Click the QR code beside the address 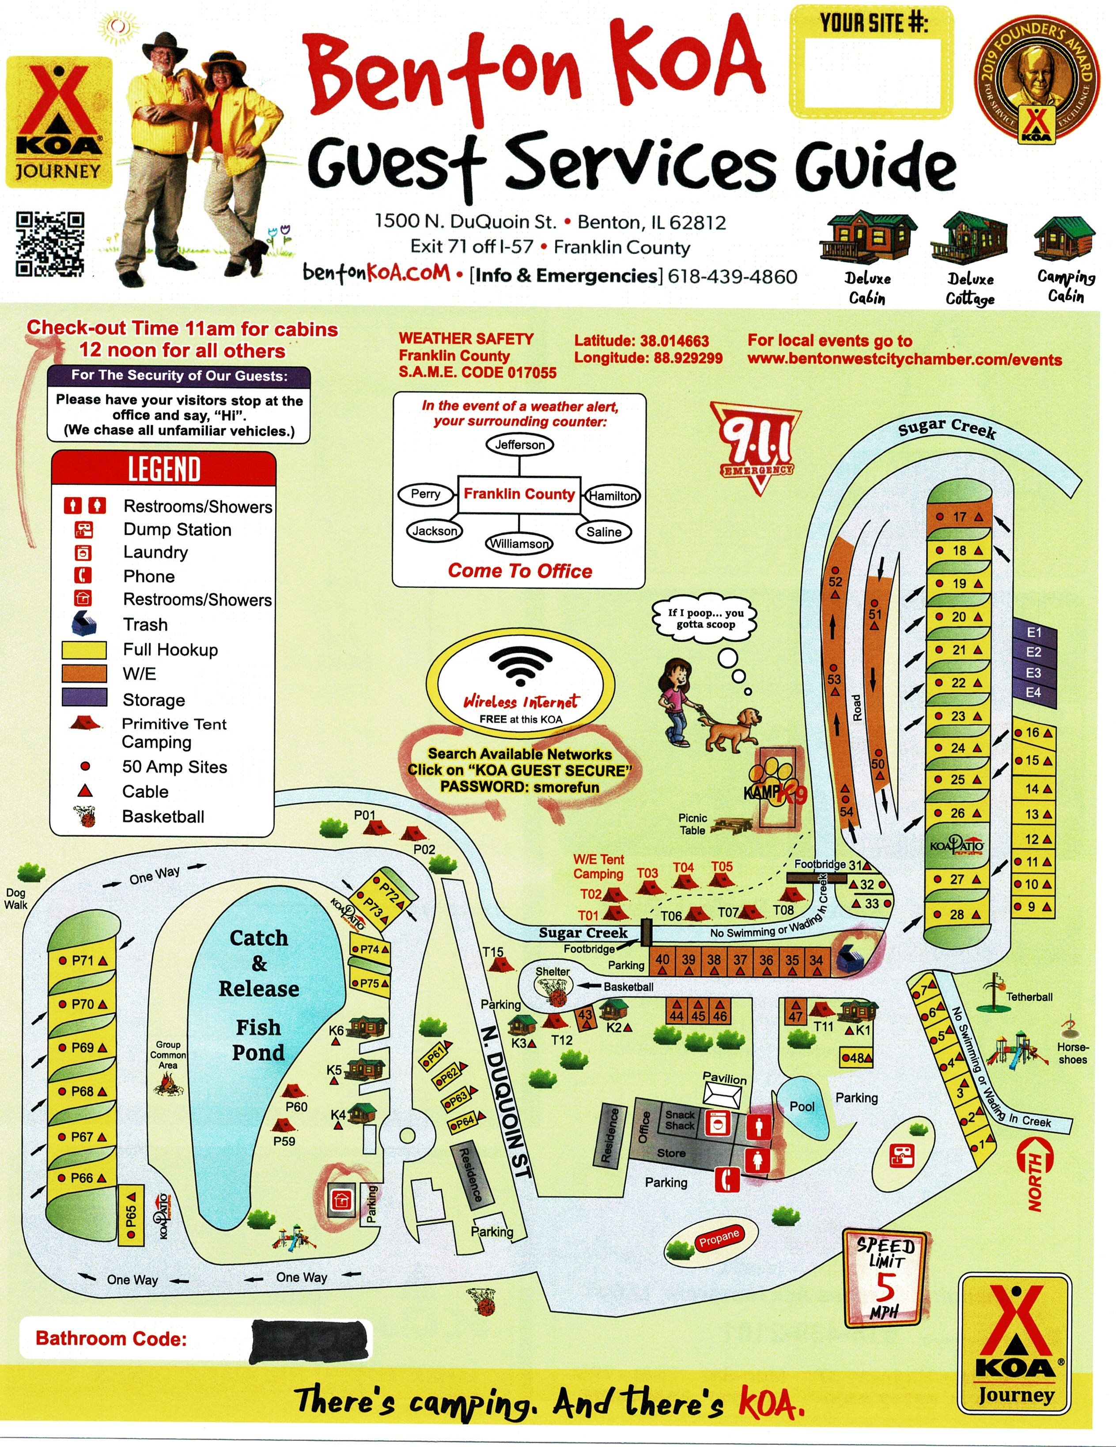50,243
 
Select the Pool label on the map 802,1107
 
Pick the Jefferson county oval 519,445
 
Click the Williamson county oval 519,543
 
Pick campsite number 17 959,517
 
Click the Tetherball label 1029,997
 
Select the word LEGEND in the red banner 164,469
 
